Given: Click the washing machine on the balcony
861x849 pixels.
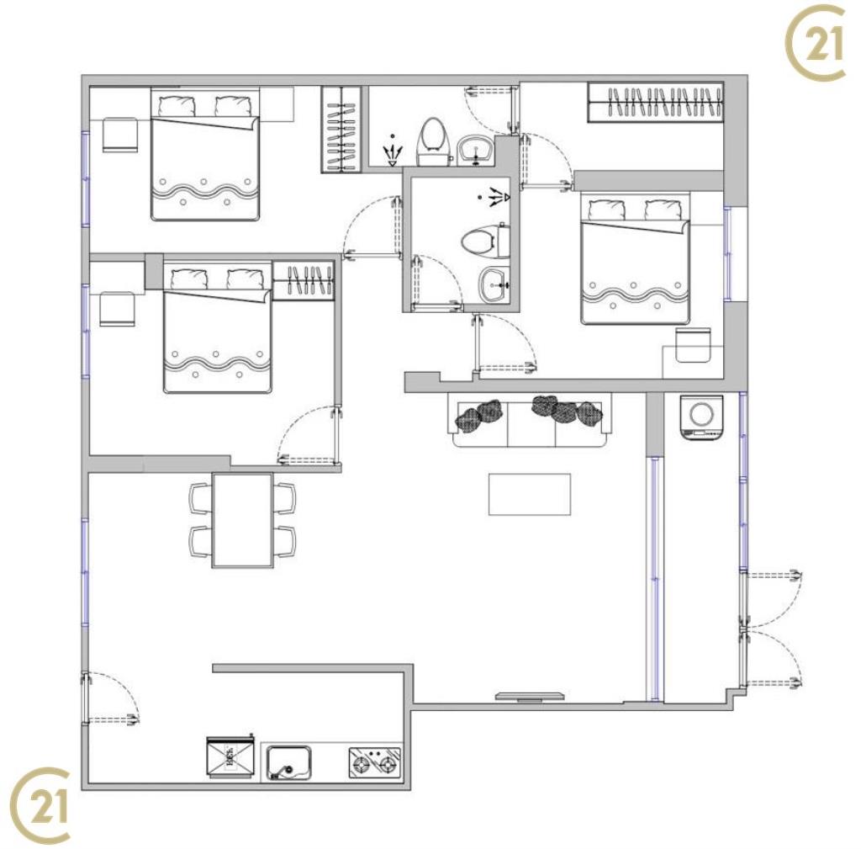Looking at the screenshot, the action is (701, 417).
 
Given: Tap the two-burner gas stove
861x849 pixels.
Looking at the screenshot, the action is (374, 762).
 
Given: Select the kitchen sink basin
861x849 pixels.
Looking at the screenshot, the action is (289, 762).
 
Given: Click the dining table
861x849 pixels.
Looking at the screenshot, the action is (243, 520).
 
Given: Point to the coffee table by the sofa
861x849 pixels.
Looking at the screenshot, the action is (530, 495).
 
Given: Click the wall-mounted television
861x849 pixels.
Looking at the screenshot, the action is (530, 697).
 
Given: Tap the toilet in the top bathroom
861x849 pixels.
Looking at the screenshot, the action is (434, 141).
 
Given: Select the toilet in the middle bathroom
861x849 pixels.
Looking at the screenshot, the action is (485, 241).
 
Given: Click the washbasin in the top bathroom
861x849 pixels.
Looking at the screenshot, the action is (476, 150).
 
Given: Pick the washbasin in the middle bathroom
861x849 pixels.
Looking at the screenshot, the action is (494, 284).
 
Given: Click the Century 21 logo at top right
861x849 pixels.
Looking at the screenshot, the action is (816, 43).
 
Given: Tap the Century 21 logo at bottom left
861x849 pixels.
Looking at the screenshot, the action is (40, 805).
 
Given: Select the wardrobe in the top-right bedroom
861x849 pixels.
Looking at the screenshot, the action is (656, 102).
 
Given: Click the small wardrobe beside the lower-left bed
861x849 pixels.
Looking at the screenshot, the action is (304, 281).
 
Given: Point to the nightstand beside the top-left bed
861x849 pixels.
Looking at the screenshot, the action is (119, 134).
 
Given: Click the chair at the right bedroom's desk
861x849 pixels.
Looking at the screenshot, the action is (693, 345).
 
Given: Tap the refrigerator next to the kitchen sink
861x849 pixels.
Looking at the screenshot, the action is (230, 756).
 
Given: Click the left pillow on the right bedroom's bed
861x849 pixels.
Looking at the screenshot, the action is (606, 210).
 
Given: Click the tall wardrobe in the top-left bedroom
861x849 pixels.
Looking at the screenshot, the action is (341, 130).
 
